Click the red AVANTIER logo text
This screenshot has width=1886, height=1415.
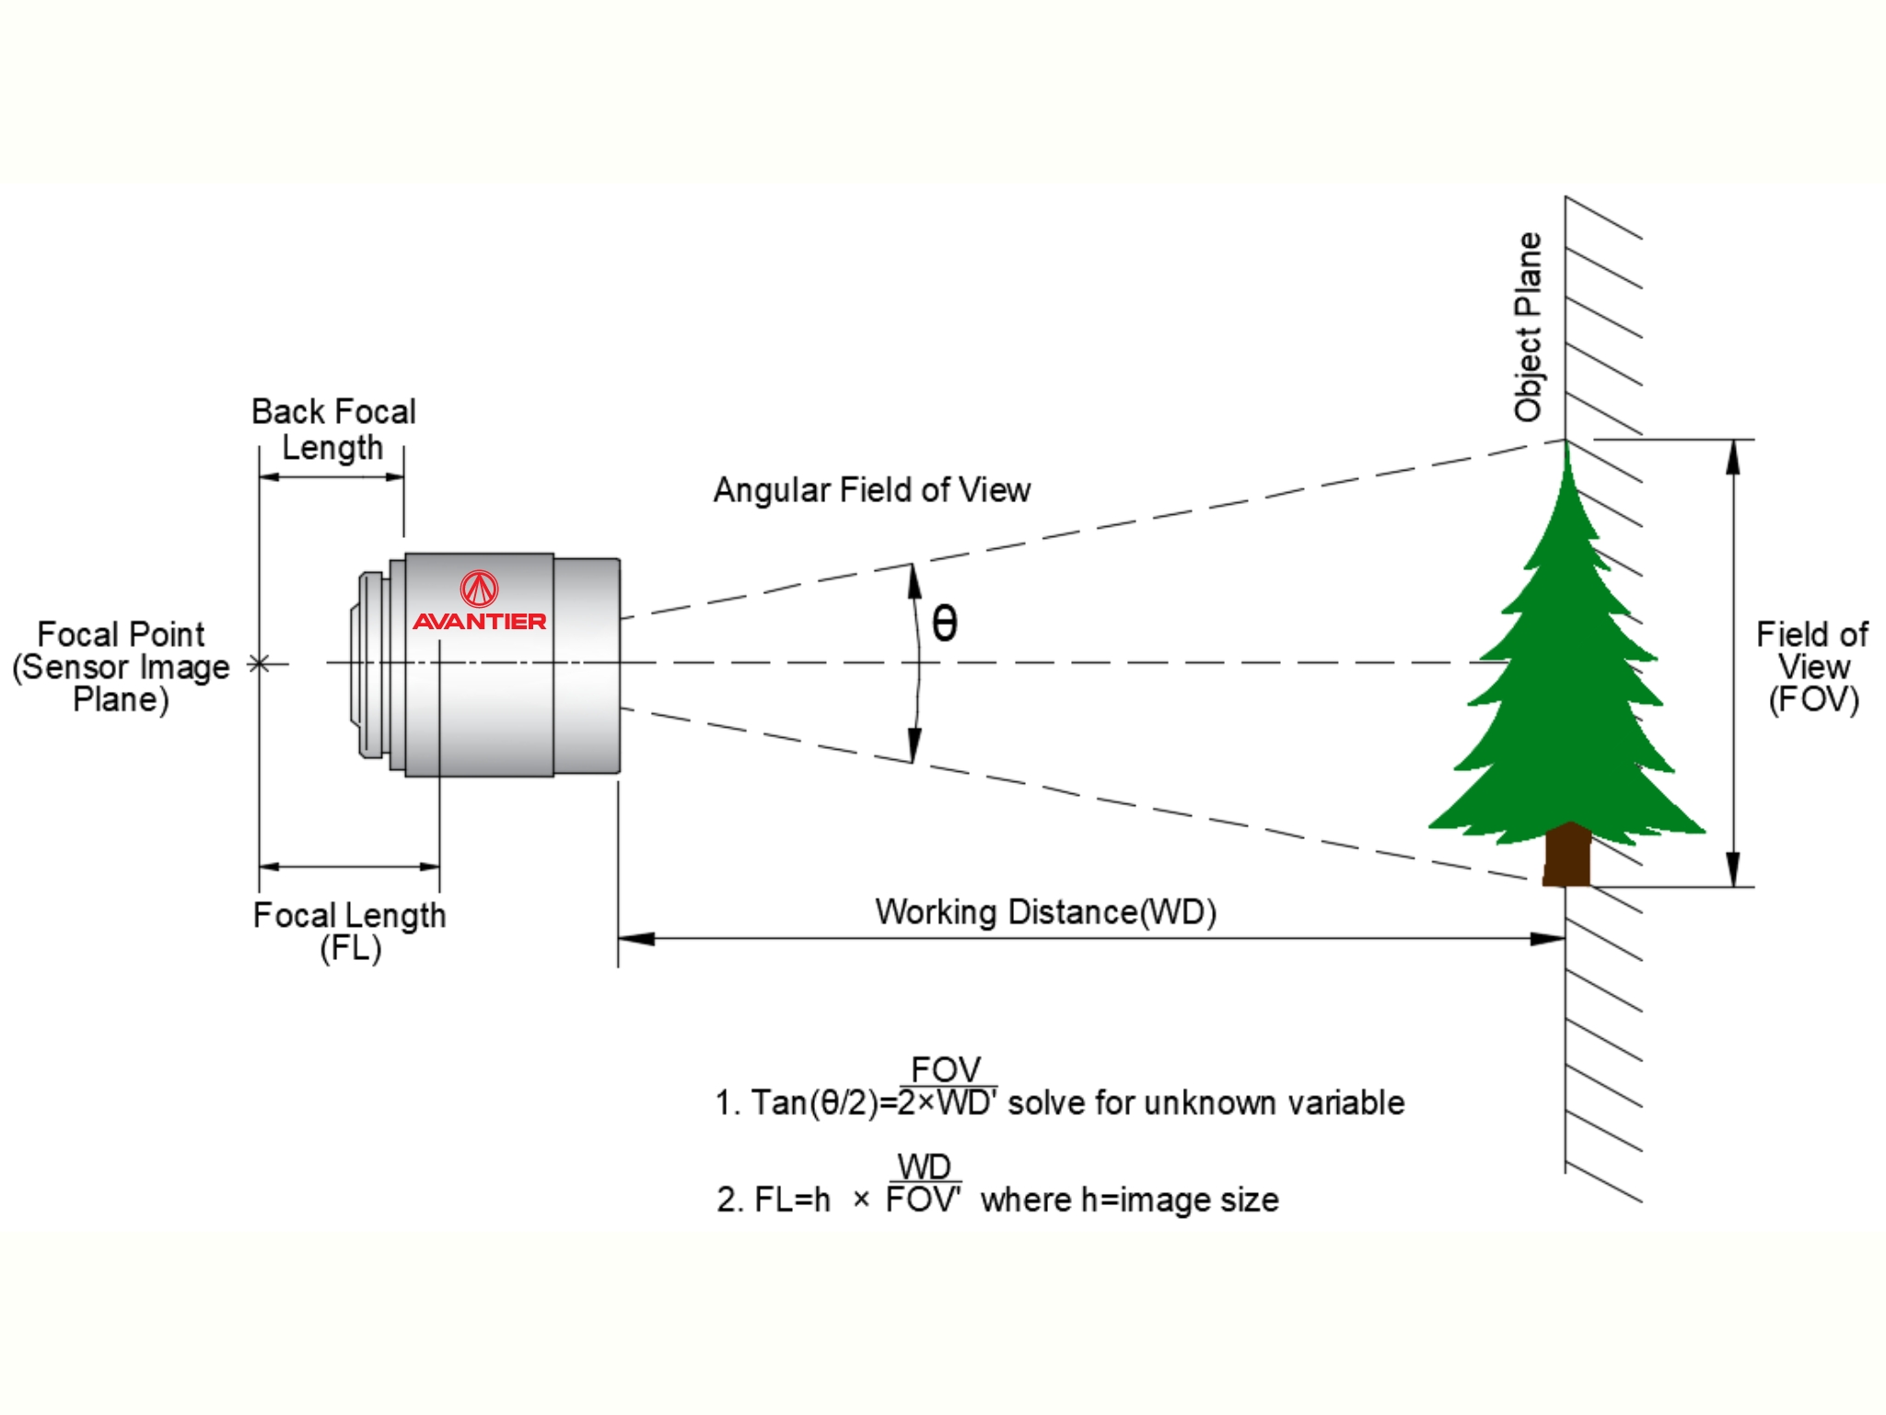click(x=479, y=622)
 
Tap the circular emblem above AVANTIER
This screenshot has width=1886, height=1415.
click(x=479, y=588)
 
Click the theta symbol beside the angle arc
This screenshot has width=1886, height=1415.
click(x=945, y=624)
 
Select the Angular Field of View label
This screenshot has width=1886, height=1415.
click(x=871, y=490)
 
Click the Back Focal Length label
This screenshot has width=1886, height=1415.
click(x=333, y=429)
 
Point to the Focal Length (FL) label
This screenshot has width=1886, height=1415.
click(x=350, y=930)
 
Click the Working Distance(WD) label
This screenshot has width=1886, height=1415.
click(x=1045, y=912)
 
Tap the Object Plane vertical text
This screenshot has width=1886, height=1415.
click(x=1528, y=327)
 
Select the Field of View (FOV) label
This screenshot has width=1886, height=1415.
click(x=1811, y=666)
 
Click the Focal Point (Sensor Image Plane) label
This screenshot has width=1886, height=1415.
click(x=121, y=666)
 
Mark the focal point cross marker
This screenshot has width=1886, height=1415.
click(x=260, y=663)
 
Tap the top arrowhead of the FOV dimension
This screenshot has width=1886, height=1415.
click(x=1733, y=457)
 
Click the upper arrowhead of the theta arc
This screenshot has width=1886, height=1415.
click(x=914, y=580)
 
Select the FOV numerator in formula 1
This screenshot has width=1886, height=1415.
click(x=946, y=1070)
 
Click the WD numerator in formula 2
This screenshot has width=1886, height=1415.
click(x=924, y=1167)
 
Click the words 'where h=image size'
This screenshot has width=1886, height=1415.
click(x=1130, y=1200)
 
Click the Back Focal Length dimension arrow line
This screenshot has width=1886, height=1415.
click(x=332, y=477)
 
